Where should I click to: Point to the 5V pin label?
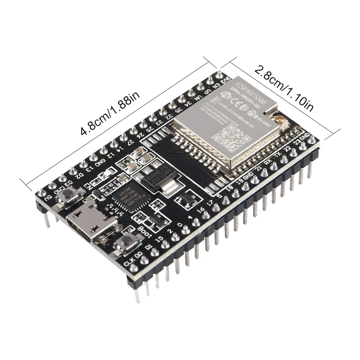tap(47, 197)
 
